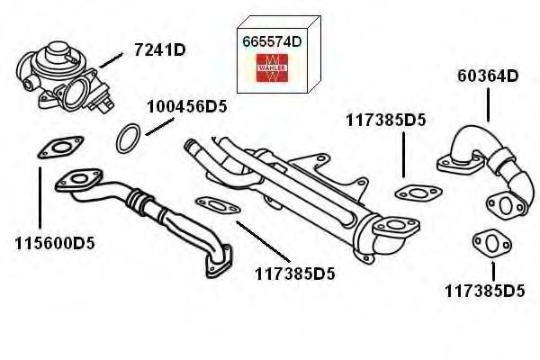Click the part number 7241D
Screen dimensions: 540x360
160,50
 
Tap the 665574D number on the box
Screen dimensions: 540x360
272,41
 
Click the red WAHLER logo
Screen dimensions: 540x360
272,67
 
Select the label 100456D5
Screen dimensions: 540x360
187,107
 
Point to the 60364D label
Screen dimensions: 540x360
488,76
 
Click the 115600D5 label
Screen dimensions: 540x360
55,244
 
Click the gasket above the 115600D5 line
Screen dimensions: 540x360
60,148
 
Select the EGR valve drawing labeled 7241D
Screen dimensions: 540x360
65,77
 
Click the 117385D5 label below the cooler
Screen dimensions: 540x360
295,274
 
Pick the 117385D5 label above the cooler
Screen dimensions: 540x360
386,121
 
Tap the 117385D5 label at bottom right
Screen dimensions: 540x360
485,291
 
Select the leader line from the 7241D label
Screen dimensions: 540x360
111,60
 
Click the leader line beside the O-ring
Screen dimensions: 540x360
160,126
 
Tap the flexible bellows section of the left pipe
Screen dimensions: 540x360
136,202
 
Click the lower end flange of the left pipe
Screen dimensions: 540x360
219,261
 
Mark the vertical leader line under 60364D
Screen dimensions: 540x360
488,104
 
